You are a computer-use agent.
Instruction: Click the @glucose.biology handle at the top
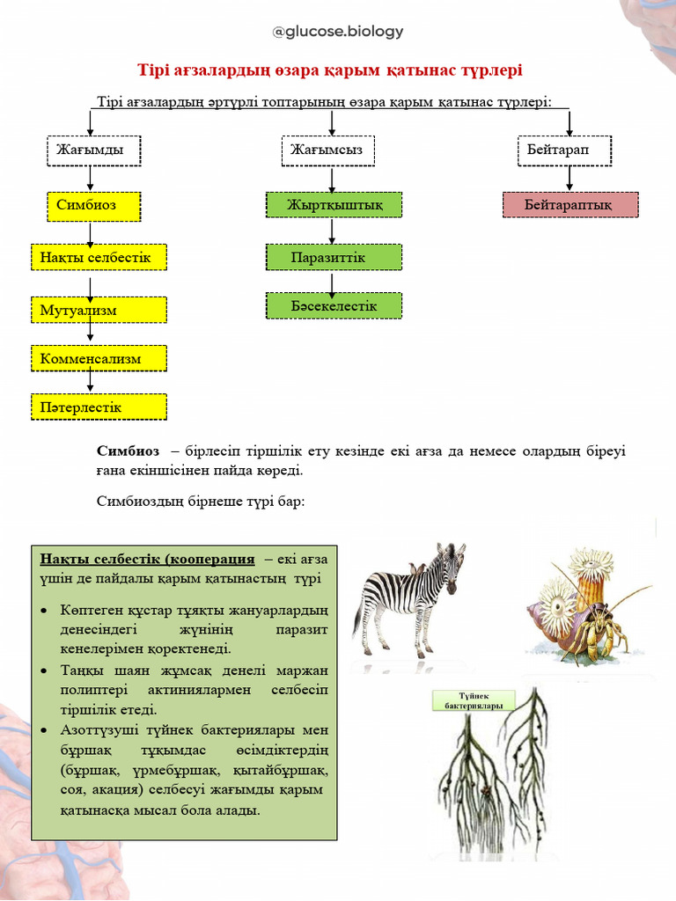coord(338,32)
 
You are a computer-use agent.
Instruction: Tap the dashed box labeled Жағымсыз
coord(327,150)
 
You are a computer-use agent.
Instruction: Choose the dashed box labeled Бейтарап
coord(563,150)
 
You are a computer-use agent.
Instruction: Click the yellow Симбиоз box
coord(93,205)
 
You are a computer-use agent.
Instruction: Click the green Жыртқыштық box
coord(334,205)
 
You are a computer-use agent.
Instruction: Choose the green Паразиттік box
coord(334,257)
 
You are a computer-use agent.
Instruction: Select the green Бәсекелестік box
coord(334,305)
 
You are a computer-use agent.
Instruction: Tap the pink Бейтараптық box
coord(569,205)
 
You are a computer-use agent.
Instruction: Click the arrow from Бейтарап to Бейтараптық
coord(569,179)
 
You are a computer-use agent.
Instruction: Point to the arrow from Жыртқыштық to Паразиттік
coord(332,231)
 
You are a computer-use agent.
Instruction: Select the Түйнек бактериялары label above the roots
coord(474,700)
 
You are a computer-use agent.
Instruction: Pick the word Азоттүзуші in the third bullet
coord(95,730)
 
